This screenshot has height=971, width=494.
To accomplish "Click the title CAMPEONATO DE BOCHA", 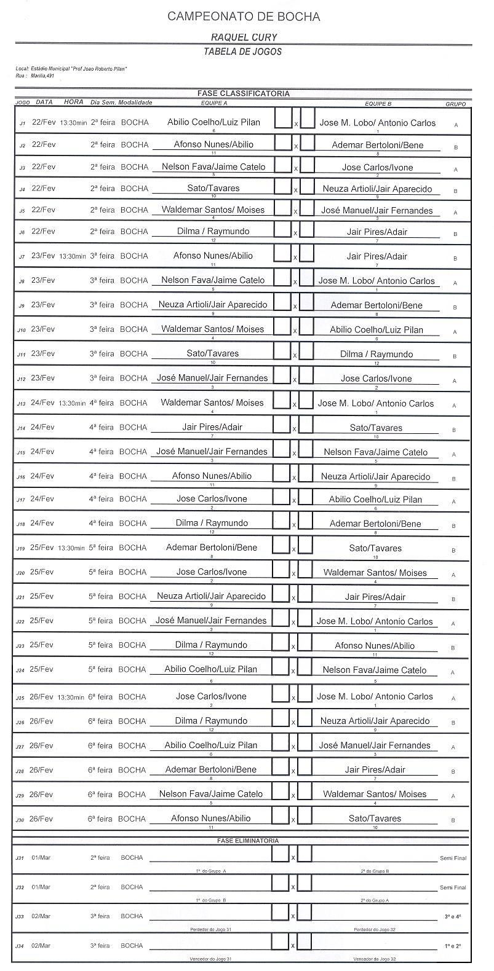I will (x=244, y=17).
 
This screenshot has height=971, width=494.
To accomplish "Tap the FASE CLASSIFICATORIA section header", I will (x=243, y=93).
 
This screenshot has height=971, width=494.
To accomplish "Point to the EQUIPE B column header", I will (x=378, y=104).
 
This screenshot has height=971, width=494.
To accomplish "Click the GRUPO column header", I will (x=455, y=104).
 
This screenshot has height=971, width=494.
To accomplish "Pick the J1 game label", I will (x=22, y=124).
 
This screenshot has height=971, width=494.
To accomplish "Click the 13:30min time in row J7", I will (x=73, y=256).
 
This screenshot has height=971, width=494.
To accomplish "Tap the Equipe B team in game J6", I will (x=376, y=232).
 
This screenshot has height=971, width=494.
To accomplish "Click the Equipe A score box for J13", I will (x=281, y=401).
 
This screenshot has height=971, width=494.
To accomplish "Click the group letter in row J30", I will (x=454, y=820).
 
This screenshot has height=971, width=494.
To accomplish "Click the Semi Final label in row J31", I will (x=453, y=858).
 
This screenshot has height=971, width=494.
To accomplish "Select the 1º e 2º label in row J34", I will (x=453, y=946).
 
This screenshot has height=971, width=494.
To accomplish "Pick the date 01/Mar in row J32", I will (x=41, y=887).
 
